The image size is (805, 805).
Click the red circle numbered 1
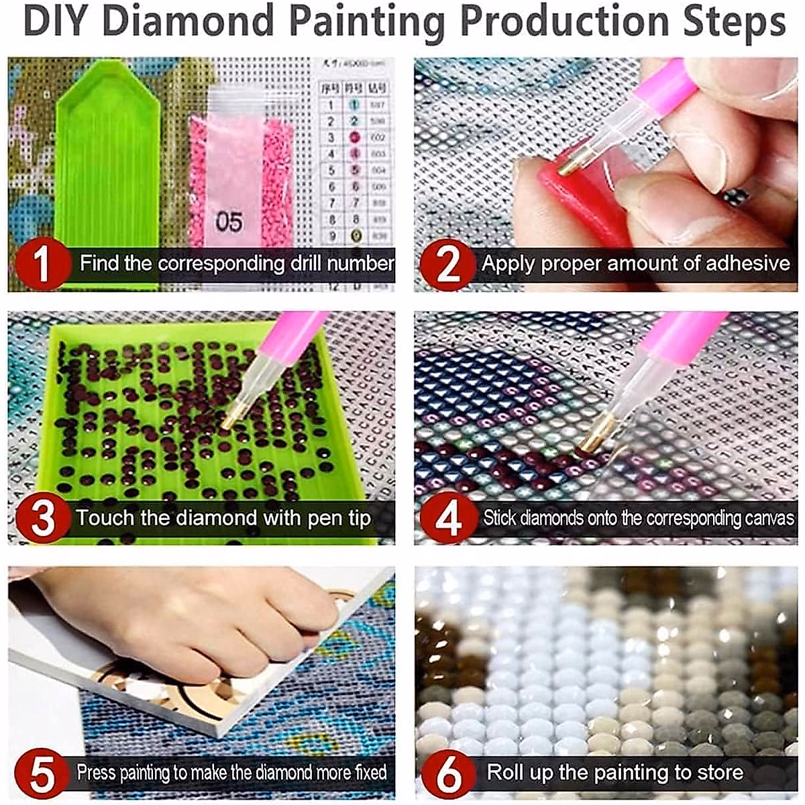pyautogui.click(x=42, y=263)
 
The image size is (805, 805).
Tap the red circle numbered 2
pyautogui.click(x=447, y=263)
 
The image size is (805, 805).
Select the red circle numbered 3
pyautogui.click(x=42, y=518)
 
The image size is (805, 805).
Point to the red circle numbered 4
pyautogui.click(x=447, y=518)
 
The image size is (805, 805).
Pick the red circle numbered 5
pyautogui.click(x=42, y=773)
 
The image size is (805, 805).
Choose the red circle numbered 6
pyautogui.click(x=447, y=773)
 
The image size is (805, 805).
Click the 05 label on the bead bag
pyautogui.click(x=229, y=221)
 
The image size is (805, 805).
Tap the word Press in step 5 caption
pyautogui.click(x=97, y=772)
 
